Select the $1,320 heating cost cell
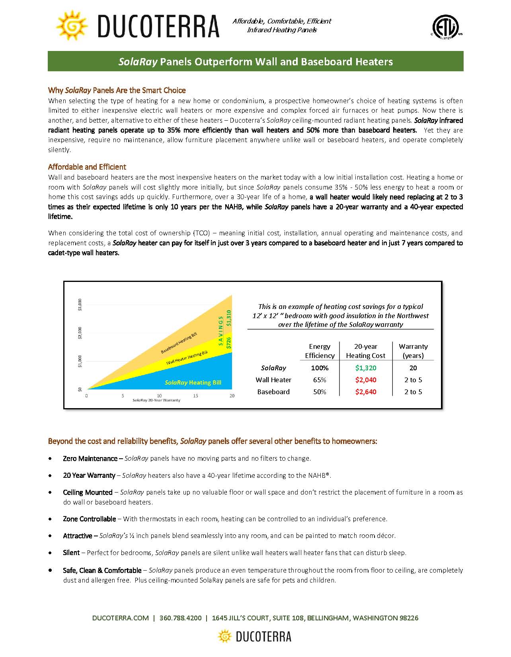pos(366,368)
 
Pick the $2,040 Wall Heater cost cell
pos(366,380)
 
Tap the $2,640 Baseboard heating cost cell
pos(366,392)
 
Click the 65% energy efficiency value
pos(320,380)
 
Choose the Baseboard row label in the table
pos(273,392)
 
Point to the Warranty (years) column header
pos(413,351)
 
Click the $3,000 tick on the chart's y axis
pos(80,305)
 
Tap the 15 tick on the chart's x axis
pos(196,396)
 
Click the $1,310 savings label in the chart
pos(228,318)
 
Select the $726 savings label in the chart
pos(228,343)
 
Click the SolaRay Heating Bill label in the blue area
pos(193,383)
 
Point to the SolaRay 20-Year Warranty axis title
pos(156,400)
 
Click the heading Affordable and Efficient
pos(87,167)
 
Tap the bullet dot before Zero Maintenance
pos(50,459)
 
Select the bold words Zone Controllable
pos(90,519)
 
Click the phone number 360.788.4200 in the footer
pos(181,618)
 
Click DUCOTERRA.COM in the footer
pos(121,618)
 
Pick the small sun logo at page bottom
pos(225,636)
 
